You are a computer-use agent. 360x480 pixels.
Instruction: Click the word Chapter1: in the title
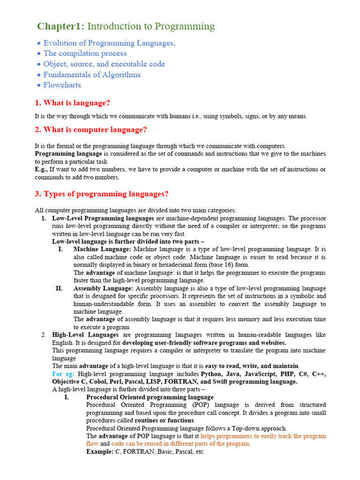click(x=61, y=27)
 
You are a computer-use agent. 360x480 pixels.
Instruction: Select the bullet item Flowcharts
click(x=62, y=85)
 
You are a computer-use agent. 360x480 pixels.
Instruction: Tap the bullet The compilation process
click(x=85, y=53)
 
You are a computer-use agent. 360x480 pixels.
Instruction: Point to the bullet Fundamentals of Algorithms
click(x=92, y=75)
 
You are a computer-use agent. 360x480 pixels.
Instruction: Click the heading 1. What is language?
click(x=73, y=103)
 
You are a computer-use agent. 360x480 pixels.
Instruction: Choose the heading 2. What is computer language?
click(x=91, y=130)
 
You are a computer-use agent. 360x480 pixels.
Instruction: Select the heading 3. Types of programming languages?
click(x=102, y=194)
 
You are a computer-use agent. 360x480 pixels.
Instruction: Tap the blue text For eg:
click(x=63, y=374)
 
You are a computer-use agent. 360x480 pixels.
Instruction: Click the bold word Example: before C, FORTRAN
click(x=100, y=452)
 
